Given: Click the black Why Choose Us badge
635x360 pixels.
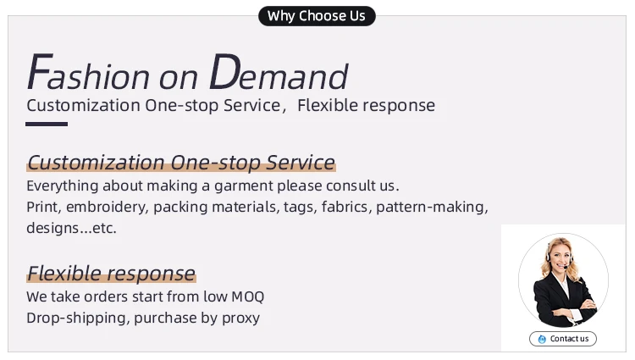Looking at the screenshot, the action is click(x=317, y=16).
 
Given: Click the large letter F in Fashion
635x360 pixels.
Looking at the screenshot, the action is click(x=40, y=72).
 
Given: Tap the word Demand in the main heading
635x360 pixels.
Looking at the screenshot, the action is click(x=279, y=72).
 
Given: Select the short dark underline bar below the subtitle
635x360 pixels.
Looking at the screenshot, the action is click(x=47, y=124).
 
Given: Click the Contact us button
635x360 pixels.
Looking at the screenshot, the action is click(x=563, y=339).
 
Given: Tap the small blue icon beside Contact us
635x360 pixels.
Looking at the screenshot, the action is click(x=542, y=339).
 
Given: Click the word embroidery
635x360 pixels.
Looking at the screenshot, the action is click(x=108, y=208).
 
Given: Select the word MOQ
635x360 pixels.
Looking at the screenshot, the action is click(x=248, y=296).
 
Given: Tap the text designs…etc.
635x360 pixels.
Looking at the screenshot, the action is click(x=71, y=228).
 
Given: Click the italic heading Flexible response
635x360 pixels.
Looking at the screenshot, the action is click(x=112, y=274).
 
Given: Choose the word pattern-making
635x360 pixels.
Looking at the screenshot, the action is click(x=432, y=208).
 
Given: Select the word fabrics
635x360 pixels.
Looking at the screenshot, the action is click(x=346, y=207).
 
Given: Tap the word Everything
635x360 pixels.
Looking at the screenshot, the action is click(x=63, y=186).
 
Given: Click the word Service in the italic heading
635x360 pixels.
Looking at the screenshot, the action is click(x=301, y=163).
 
